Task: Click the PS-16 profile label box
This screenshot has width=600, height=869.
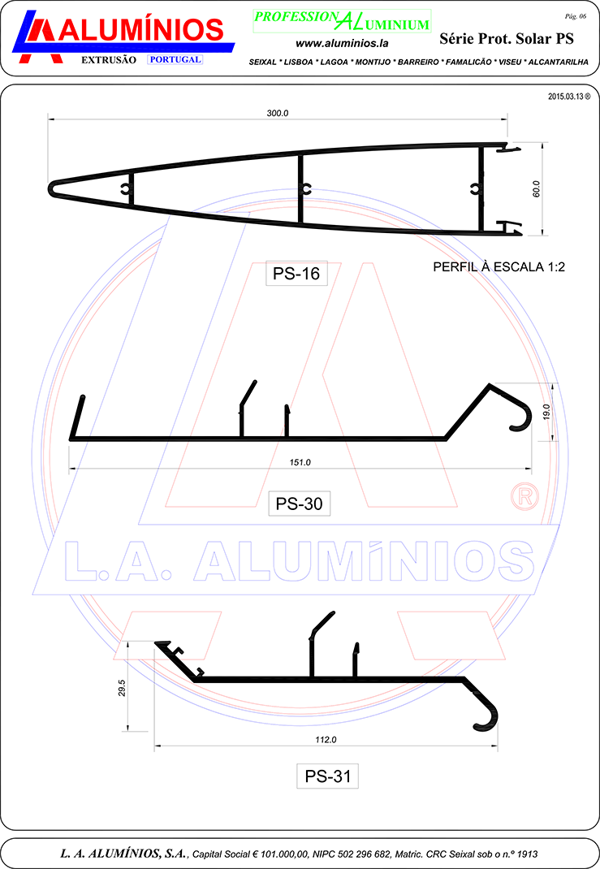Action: coord(296,273)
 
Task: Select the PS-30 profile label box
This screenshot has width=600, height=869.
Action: coord(299,504)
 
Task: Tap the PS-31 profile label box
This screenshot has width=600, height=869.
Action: coord(327,776)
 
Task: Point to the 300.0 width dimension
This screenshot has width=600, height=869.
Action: coord(278,113)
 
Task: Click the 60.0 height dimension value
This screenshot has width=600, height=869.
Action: coord(537,189)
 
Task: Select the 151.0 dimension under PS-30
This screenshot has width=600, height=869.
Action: coord(300,462)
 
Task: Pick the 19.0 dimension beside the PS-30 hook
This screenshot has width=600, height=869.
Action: coord(546,412)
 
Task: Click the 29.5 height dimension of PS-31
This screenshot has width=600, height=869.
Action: coord(122,688)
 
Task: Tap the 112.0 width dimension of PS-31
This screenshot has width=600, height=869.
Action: coord(326,739)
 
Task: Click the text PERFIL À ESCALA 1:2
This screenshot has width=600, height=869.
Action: coord(499,267)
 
